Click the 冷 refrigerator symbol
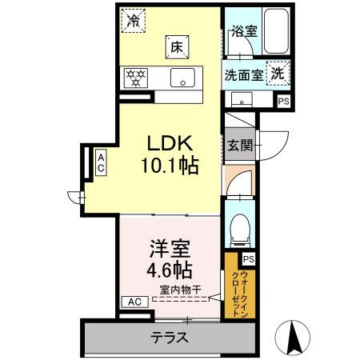tap(134, 21)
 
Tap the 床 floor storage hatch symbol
tap(177, 47)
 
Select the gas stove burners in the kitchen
tap(135, 78)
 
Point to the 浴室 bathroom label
tap(242, 32)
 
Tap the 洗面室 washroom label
tap(242, 74)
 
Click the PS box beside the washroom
tap(283, 102)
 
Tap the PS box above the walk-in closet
tap(248, 259)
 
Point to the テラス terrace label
tap(170, 338)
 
